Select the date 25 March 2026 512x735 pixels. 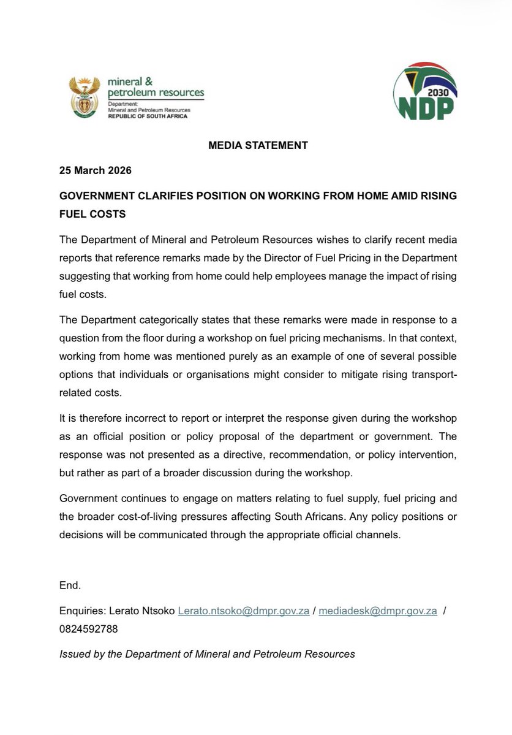(95, 170)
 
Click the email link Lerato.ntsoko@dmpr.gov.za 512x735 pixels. (243, 611)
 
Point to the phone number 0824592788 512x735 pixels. (89, 629)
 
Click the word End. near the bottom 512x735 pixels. (70, 585)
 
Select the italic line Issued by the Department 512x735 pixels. (207, 654)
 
